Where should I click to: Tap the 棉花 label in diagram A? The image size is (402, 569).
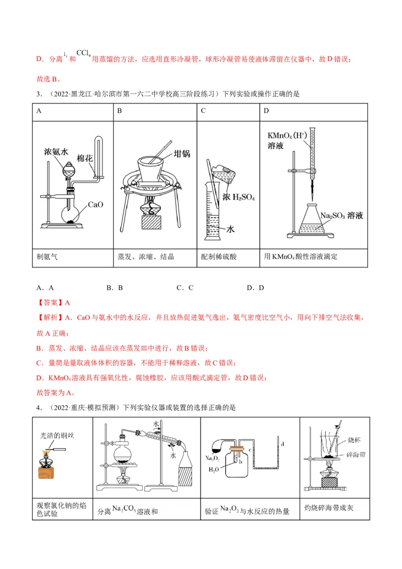(x=84, y=158)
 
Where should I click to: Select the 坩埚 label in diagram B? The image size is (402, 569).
(x=181, y=154)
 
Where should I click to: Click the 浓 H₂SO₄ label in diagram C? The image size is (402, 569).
(x=239, y=198)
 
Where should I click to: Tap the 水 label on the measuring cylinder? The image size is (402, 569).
(x=231, y=228)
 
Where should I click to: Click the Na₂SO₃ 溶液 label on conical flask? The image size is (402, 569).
(x=342, y=216)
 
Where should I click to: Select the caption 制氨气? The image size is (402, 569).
(x=47, y=256)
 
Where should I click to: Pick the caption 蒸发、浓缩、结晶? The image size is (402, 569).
(x=146, y=256)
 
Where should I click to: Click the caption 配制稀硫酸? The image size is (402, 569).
(x=219, y=256)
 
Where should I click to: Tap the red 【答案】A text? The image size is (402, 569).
(x=53, y=303)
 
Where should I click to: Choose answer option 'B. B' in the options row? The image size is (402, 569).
(x=115, y=288)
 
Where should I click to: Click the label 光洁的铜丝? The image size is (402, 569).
(x=57, y=436)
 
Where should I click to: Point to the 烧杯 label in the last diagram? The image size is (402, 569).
(x=354, y=440)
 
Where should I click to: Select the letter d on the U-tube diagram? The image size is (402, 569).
(x=283, y=444)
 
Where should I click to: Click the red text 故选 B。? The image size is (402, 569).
(x=49, y=78)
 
